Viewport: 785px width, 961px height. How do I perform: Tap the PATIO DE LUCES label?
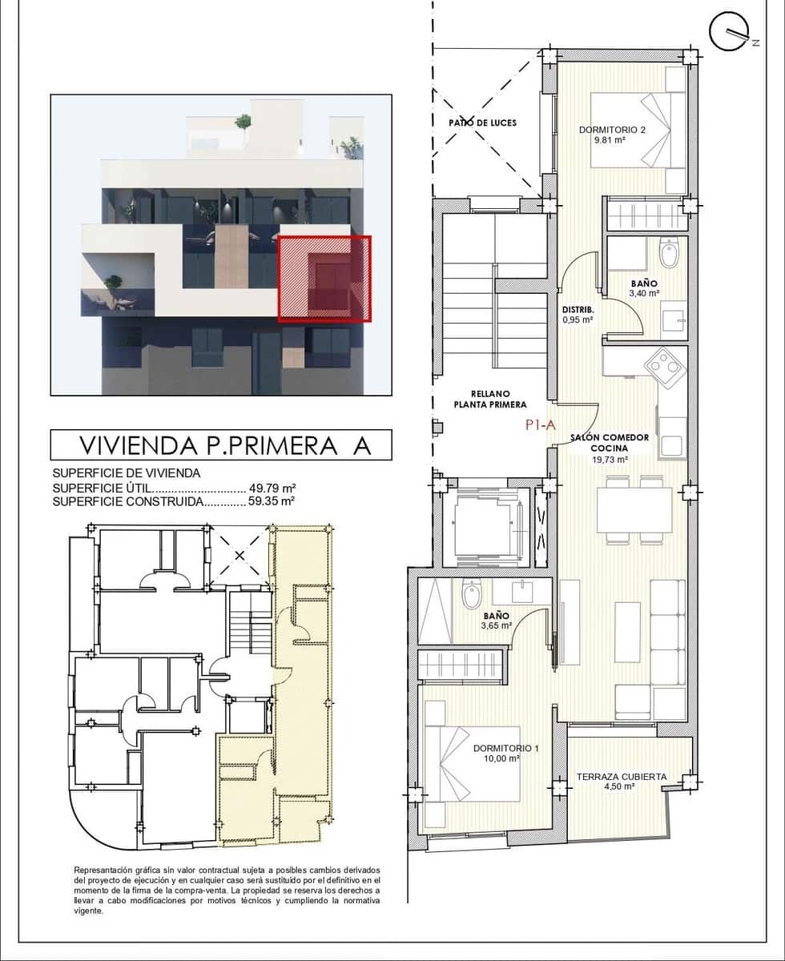[x=482, y=123]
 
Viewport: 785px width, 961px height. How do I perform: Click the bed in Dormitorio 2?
[x=639, y=130]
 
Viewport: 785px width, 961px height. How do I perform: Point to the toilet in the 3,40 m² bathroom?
[x=668, y=255]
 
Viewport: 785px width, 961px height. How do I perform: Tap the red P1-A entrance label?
[x=541, y=426]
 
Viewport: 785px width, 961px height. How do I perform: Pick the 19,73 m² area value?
[x=610, y=460]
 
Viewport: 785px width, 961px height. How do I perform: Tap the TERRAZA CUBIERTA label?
[x=622, y=776]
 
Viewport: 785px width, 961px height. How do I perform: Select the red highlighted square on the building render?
[x=324, y=278]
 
